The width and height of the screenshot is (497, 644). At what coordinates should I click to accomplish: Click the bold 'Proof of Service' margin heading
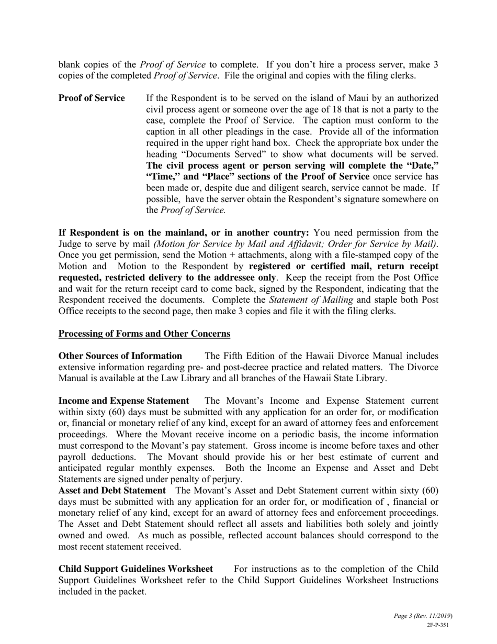[x=92, y=98]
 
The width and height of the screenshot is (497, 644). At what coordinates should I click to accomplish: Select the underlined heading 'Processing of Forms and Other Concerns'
[x=144, y=334]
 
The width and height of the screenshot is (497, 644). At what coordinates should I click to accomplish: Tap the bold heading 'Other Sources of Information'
[x=120, y=356]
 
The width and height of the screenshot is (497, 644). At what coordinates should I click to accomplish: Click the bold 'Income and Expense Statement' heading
[x=123, y=401]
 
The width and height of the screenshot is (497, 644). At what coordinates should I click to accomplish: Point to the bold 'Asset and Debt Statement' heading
[x=112, y=491]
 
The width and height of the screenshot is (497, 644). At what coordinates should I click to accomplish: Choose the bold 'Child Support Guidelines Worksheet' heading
[x=135, y=569]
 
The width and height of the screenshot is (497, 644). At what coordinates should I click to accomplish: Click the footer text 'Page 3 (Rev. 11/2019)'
[x=423, y=616]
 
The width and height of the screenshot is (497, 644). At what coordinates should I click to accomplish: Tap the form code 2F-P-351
[x=438, y=625]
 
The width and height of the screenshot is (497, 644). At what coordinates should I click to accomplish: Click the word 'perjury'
[x=227, y=479]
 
